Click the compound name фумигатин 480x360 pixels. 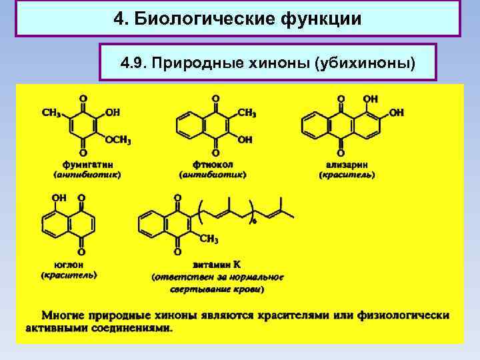[87, 163]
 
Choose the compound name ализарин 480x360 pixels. [347, 163]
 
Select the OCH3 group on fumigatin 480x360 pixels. [118, 141]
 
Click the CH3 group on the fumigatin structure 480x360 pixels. [51, 113]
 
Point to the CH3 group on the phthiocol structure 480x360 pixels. [247, 113]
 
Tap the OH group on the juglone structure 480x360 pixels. [59, 198]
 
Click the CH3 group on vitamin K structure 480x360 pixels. [209, 239]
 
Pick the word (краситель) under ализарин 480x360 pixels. [347, 175]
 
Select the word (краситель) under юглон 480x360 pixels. [69, 275]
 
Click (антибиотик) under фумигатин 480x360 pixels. [87, 175]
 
